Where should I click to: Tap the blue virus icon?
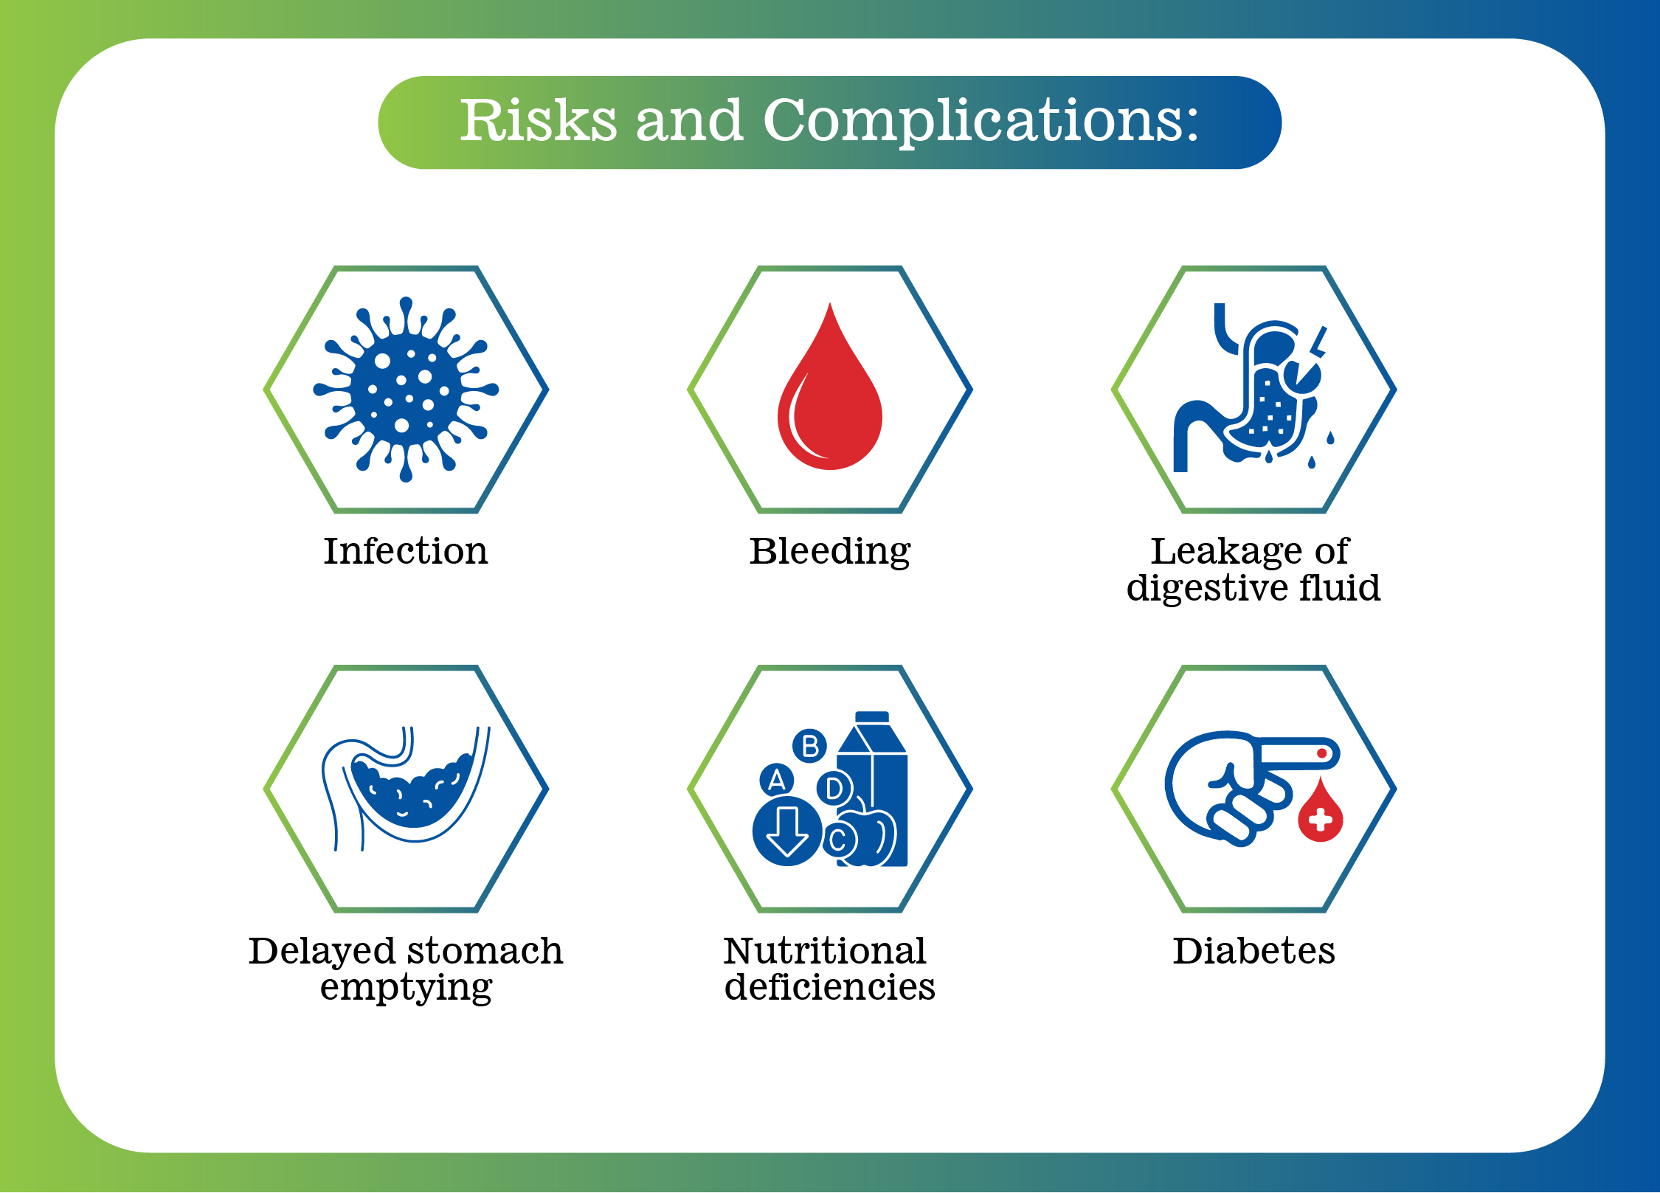406,390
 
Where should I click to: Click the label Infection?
406,551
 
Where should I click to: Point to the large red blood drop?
830,387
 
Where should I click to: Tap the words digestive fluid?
1253,589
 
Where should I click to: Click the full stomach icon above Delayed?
406,788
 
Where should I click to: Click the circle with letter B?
809,746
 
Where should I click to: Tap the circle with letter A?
777,780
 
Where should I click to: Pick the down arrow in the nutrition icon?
787,831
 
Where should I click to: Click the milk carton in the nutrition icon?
873,788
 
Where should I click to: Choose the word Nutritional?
825,951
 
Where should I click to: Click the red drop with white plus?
1321,811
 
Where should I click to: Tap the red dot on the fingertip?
1322,753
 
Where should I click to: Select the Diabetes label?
1254,951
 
